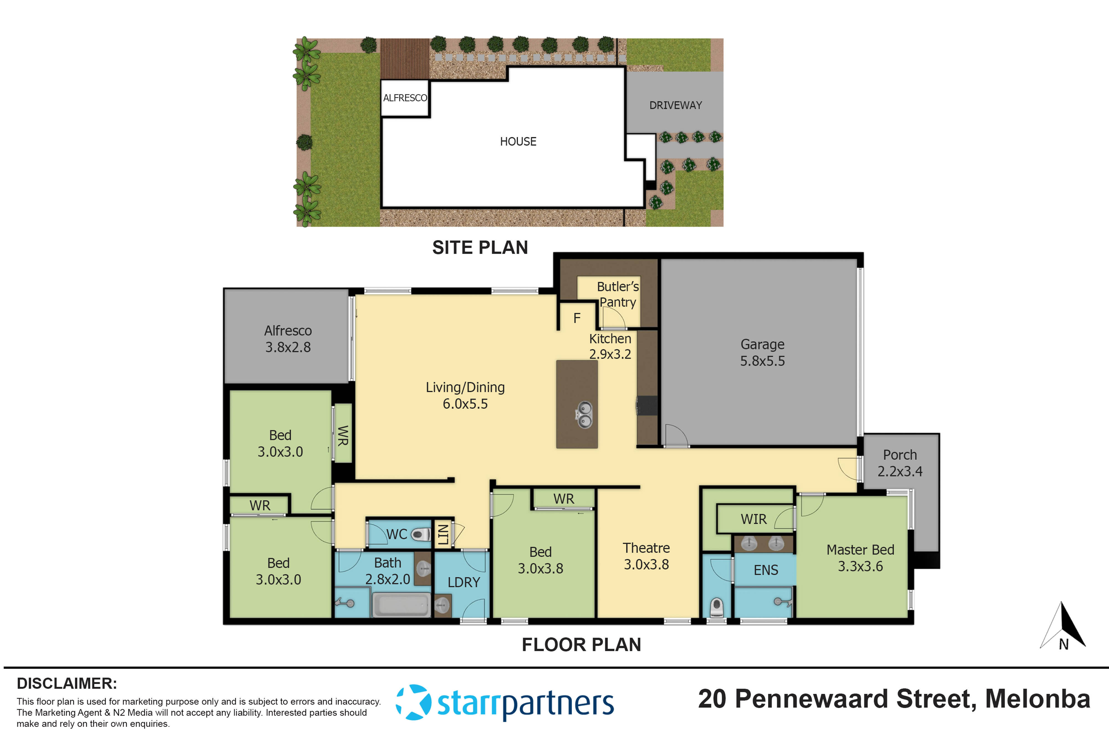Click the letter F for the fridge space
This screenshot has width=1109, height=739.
tap(577, 319)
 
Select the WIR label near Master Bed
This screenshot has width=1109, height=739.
tap(754, 519)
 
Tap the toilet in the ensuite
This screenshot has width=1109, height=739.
tap(716, 607)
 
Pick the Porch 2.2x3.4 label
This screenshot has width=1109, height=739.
tap(900, 463)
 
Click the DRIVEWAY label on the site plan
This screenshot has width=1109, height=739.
tap(675, 105)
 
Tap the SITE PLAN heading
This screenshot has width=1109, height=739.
tap(480, 247)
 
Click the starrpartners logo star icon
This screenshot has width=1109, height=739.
tap(413, 702)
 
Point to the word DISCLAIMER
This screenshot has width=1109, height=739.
tap(67, 683)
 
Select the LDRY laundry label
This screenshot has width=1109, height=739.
tap(464, 582)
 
